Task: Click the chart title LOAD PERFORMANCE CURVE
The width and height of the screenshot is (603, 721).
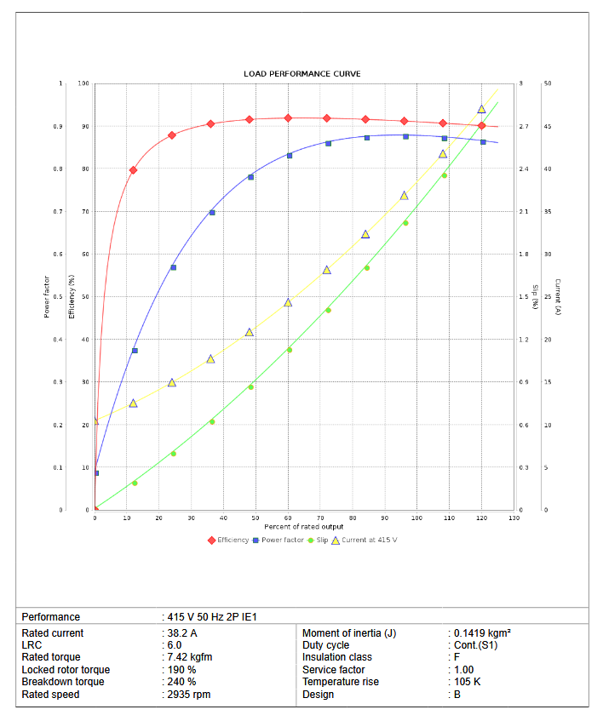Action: coord(302,74)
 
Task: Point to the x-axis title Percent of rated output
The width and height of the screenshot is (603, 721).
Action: coord(303,527)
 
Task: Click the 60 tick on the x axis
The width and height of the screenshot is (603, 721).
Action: coord(289,518)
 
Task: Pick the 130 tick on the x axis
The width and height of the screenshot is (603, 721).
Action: coord(514,518)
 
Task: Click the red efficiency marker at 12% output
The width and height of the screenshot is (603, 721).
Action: coord(133,170)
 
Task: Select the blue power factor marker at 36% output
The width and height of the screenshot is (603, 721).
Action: coord(212,212)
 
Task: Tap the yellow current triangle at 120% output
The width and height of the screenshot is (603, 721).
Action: coord(481,110)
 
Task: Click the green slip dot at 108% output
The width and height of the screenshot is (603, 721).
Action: coord(444,175)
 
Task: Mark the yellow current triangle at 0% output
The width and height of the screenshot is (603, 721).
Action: coord(95,421)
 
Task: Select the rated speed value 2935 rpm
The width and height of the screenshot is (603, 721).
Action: coord(188,695)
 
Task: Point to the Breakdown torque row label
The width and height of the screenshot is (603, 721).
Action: coord(63,682)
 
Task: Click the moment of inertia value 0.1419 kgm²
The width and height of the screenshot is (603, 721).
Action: coord(482,633)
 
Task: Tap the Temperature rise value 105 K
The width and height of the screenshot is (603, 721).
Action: coord(467,682)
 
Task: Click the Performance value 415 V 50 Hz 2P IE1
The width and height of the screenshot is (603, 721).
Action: coord(211,617)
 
